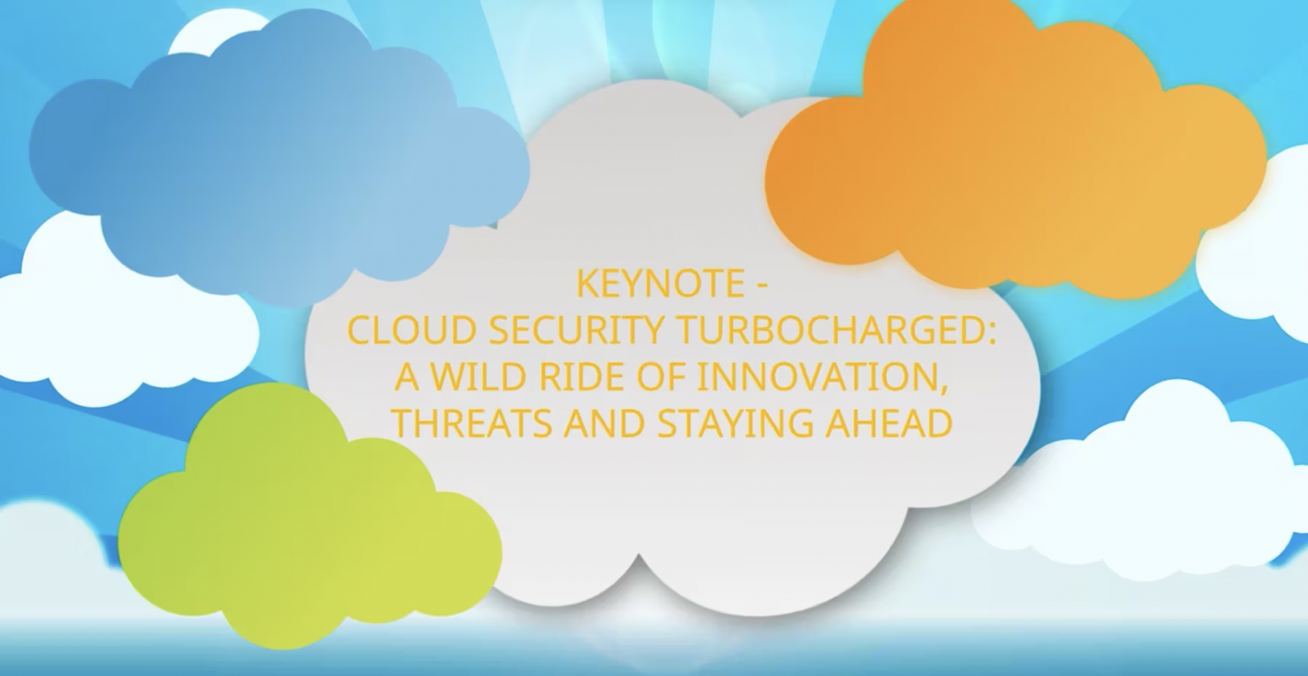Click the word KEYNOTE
click(659, 284)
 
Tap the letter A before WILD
click(407, 377)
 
